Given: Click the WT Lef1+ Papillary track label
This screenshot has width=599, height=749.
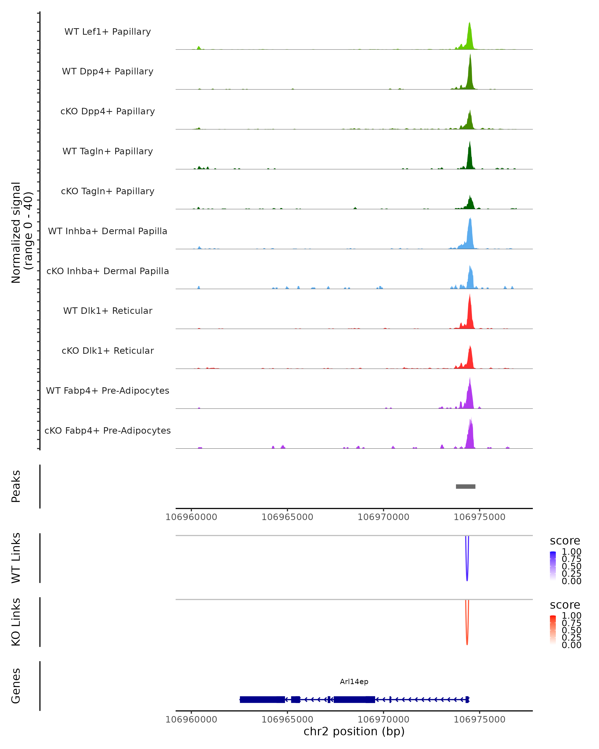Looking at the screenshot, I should (108, 32).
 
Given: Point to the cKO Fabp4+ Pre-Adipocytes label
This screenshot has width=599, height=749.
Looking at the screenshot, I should (108, 430).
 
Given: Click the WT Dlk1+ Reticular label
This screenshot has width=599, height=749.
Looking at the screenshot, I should (108, 311).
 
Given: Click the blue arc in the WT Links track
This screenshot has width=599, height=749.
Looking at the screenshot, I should (467, 570).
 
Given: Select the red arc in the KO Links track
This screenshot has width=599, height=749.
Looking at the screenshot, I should (467, 634).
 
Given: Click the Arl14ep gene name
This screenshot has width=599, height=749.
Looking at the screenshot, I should (354, 682).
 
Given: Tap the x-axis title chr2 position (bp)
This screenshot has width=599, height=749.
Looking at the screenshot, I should (354, 731).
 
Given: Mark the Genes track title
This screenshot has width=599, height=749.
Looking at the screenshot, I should (16, 686).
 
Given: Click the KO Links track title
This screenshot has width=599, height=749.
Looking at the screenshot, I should (16, 622).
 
